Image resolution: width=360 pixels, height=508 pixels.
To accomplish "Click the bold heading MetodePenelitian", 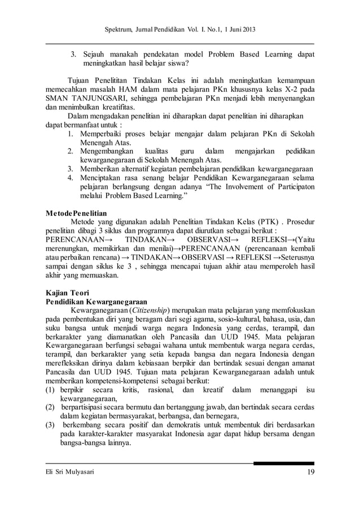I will tap(79, 214).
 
